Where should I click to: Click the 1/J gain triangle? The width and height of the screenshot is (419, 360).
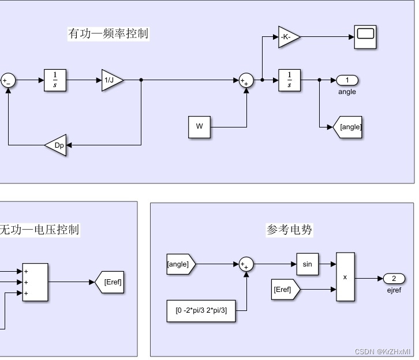click(111, 80)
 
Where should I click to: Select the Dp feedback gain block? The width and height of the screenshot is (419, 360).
click(57, 145)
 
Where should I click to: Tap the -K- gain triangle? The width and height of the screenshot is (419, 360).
click(288, 37)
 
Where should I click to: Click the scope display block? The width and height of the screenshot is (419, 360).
click(365, 36)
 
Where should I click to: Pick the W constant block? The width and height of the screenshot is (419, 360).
click(199, 127)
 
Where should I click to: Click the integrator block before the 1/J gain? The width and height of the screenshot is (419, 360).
click(55, 80)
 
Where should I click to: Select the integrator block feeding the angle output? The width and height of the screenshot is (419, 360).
click(289, 80)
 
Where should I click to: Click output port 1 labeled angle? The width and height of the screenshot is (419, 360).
click(347, 80)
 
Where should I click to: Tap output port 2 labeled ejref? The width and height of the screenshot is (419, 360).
click(394, 278)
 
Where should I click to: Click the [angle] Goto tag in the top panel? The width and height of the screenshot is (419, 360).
click(349, 127)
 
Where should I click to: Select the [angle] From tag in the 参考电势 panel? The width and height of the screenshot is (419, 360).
click(180, 264)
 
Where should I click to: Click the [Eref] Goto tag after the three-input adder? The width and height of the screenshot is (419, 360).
click(111, 282)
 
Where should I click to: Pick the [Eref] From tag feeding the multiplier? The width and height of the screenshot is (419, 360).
click(285, 290)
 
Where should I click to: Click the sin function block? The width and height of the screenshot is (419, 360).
click(307, 264)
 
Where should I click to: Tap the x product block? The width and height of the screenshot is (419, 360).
click(345, 277)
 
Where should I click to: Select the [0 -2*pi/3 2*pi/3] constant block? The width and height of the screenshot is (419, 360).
click(201, 310)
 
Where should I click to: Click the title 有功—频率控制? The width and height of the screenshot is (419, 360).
click(109, 33)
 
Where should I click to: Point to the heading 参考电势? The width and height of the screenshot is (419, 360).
click(289, 230)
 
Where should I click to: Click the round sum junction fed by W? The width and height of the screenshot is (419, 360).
click(246, 81)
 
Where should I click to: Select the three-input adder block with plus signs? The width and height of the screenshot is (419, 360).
click(35, 282)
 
